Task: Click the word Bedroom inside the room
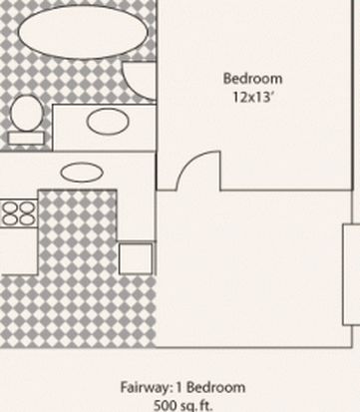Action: pos(253,79)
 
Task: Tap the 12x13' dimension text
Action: pos(253,97)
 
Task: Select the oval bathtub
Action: pos(83,32)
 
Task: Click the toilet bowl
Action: pos(27,113)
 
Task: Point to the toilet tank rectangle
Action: pos(26,138)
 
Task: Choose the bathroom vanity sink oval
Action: pos(108,122)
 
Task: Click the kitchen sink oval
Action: pos(82,173)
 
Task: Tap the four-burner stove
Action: pos(19,213)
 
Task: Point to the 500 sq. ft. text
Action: pos(182,406)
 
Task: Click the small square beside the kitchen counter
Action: pos(136,258)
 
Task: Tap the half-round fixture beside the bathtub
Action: pos(140,81)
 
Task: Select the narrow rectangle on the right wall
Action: pos(351,274)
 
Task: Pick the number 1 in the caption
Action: pos(179,387)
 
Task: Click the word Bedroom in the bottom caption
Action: pos(216,387)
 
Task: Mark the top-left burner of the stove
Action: pos(10,208)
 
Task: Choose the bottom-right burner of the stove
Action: pos(27,219)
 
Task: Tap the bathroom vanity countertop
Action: pos(104,128)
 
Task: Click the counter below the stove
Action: pos(19,251)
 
